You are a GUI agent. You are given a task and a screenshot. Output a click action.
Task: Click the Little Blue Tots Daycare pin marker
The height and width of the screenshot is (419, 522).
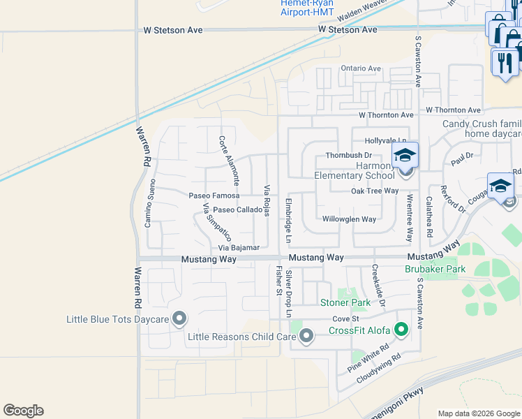[179, 318]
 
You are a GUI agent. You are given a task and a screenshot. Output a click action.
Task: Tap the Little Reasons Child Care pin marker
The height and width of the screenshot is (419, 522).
[306, 337]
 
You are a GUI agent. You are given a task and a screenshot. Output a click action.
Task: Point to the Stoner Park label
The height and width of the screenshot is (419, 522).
[345, 302]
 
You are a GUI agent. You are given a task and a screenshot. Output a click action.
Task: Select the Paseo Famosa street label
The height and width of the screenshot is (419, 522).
[214, 196]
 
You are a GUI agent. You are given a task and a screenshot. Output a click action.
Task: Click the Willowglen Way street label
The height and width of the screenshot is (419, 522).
[349, 219]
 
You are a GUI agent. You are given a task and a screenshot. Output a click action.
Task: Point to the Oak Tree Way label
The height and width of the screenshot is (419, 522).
[375, 191]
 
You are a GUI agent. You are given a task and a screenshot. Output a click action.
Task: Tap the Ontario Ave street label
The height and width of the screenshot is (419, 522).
[361, 68]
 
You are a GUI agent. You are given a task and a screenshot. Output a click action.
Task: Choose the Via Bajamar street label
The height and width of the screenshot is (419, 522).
[239, 247]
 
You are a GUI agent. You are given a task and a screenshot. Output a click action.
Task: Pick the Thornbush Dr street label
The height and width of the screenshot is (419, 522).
[349, 156]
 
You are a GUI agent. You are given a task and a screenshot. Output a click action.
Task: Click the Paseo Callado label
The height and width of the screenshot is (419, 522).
[237, 209]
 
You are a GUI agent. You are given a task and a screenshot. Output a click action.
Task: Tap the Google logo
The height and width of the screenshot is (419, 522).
[23, 411]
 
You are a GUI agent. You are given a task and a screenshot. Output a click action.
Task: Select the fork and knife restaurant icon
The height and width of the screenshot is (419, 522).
[504, 62]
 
